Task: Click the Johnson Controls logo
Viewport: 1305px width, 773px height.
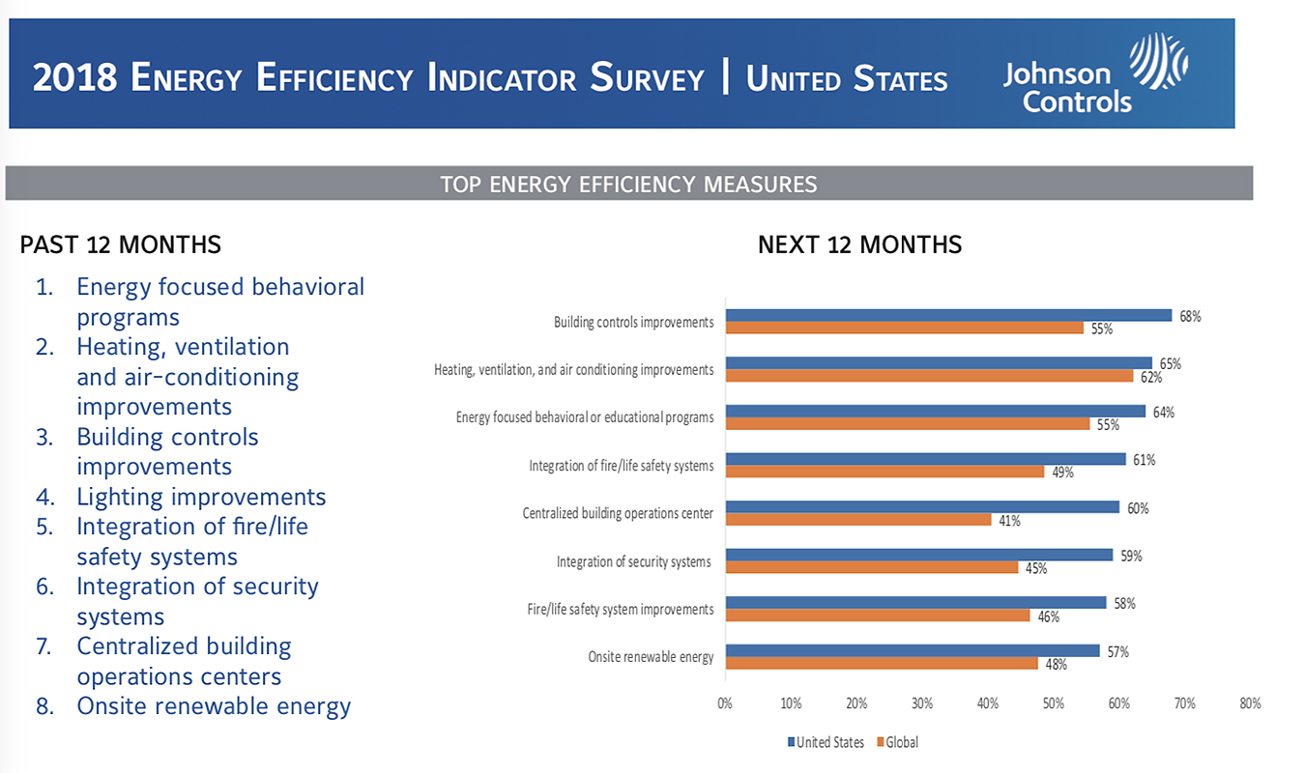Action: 1094,73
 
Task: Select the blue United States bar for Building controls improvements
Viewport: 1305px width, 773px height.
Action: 947,315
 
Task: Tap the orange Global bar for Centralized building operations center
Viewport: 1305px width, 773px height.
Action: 858,520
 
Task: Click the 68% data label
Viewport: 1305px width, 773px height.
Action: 1189,316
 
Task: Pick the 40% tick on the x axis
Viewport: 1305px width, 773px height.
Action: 988,703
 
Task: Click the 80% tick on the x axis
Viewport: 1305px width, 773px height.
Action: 1250,703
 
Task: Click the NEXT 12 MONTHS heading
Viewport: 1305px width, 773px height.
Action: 859,244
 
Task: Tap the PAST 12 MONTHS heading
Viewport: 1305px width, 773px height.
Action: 120,244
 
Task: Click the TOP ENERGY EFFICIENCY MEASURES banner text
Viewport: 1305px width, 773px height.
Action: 628,184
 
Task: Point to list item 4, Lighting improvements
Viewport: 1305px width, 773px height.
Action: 201,497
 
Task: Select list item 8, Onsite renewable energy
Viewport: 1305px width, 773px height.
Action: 214,706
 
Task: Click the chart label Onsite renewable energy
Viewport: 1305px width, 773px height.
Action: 651,657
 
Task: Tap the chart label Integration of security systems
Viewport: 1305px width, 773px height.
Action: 633,561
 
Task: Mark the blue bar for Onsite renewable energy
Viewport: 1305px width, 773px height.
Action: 912,650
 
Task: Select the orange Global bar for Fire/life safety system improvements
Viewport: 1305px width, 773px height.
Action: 878,616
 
